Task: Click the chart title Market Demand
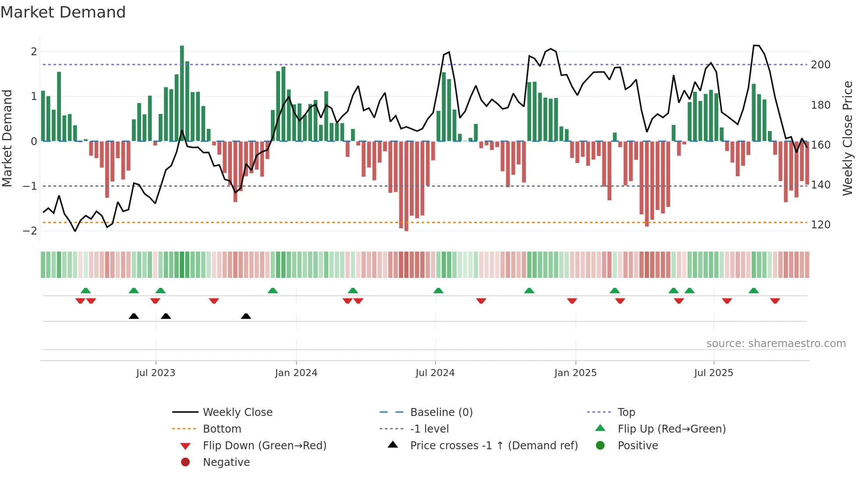[63, 12]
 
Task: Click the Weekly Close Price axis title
[848, 138]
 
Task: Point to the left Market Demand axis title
[7, 138]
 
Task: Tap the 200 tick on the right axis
[820, 65]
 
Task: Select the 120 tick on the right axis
[820, 225]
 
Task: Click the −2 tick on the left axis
[30, 231]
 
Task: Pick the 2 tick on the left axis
[34, 52]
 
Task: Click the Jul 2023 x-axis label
[156, 373]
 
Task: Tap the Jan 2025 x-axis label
[575, 373]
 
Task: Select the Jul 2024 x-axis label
[435, 373]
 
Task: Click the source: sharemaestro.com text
[776, 344]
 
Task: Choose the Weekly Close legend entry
[237, 412]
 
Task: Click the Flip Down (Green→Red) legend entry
[264, 446]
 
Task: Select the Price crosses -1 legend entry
[493, 446]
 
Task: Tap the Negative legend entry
[226, 462]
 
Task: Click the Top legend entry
[626, 412]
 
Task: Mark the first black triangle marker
[134, 316]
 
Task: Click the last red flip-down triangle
[775, 301]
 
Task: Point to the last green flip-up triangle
[753, 291]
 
